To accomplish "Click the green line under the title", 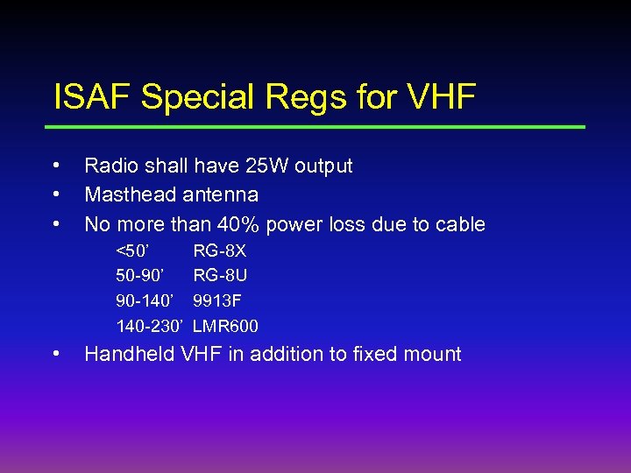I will [319, 127].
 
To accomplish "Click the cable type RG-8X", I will [220, 251].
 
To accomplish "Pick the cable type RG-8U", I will [220, 276].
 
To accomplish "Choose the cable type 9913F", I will [217, 301].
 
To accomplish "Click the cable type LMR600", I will [226, 327].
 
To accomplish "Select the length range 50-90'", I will [141, 276].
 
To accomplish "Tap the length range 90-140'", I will [147, 301].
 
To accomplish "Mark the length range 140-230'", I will [150, 327].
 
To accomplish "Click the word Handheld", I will [129, 354].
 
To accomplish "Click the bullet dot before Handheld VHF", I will [55, 354].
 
